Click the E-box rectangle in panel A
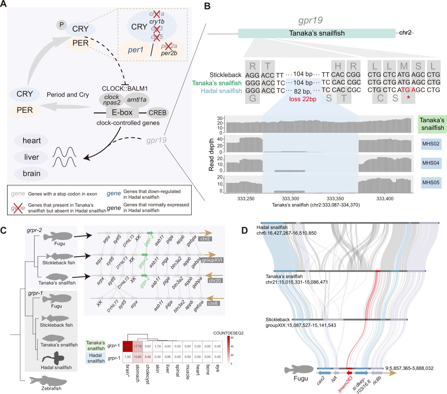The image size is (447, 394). coord(122,113)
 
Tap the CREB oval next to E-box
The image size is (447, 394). coord(158,113)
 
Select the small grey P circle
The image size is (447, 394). coord(61,25)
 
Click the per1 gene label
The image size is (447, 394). coord(136,50)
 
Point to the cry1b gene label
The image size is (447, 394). coord(157,21)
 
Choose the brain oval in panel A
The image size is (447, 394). coord(31,173)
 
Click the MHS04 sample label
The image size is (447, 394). coord(431,163)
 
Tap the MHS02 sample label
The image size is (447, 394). coord(431,144)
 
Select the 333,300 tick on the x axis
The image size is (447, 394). coord(290,199)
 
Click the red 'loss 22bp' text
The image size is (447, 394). coord(302,99)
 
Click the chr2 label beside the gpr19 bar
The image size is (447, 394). coord(405,33)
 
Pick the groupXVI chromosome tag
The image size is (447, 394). coord(212,260)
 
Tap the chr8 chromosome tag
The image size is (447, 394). coord(213,303)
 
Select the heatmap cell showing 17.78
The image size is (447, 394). coord(137,346)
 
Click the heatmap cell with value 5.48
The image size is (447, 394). coord(147,357)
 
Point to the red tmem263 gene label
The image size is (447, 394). coord(345,384)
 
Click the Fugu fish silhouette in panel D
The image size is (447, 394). coord(299,369)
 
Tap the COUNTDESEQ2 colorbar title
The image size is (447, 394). coord(228,333)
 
